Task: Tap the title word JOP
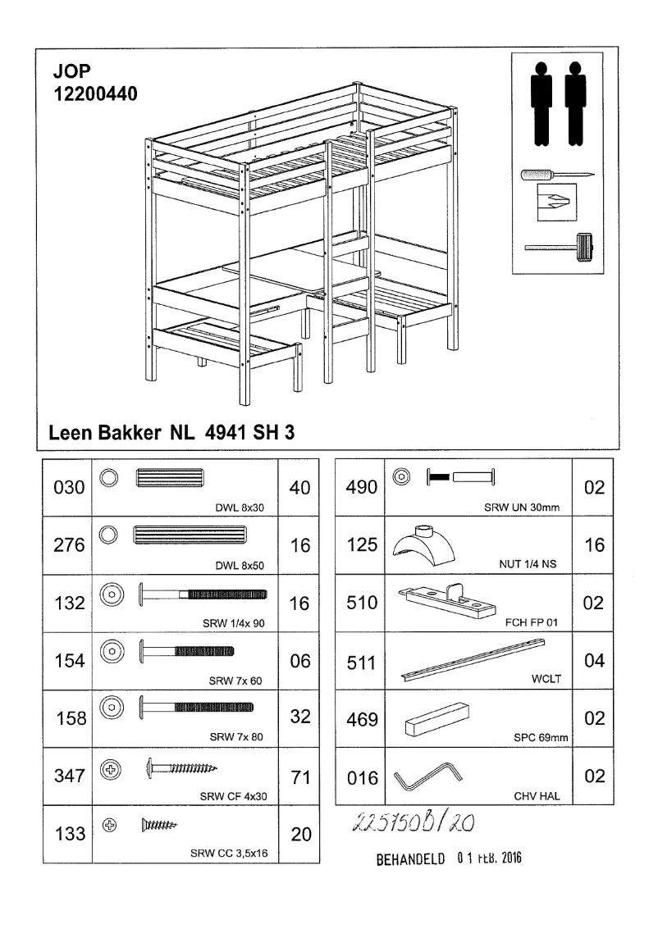71,74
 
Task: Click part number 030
69,488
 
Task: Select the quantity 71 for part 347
300,777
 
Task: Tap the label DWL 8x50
244,565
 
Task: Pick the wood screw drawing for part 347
183,768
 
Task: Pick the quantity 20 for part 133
300,835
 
